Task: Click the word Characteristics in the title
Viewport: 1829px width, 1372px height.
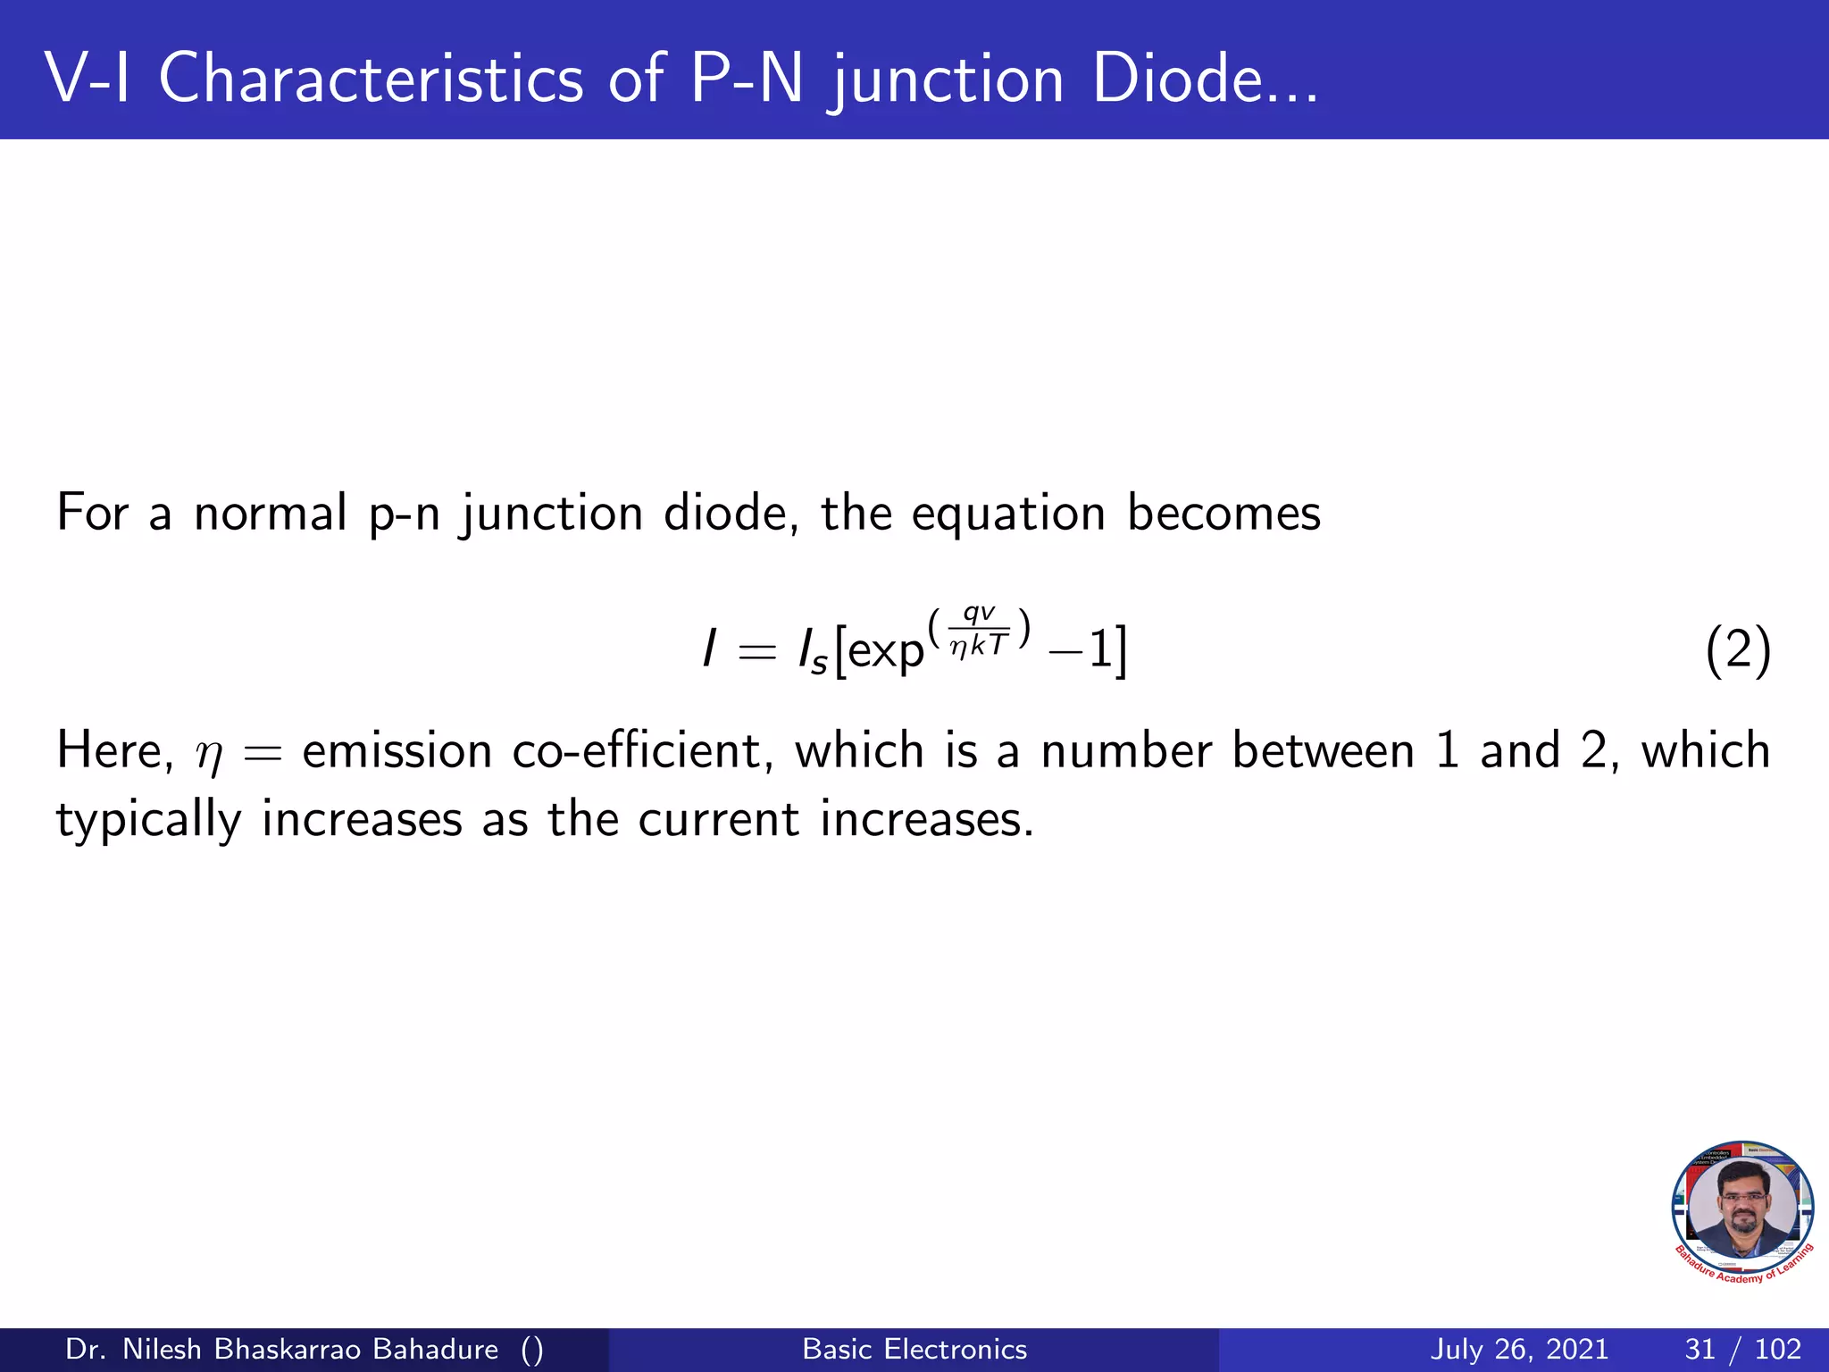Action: click(371, 79)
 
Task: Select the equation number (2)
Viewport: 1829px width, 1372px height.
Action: click(1737, 652)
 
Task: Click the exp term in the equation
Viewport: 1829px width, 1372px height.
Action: click(884, 652)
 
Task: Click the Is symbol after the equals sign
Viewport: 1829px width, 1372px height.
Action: click(813, 652)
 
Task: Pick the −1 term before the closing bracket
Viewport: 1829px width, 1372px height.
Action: click(1081, 650)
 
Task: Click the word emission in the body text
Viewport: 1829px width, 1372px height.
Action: click(397, 750)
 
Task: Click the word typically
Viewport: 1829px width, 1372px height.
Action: click(148, 820)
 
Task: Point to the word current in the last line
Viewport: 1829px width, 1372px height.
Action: click(718, 820)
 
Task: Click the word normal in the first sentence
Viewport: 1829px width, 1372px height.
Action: click(270, 514)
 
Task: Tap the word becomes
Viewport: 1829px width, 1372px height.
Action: click(1224, 514)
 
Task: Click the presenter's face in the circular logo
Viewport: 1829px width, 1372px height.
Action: click(1741, 1206)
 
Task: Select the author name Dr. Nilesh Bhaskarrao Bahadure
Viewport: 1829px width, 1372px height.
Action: click(282, 1349)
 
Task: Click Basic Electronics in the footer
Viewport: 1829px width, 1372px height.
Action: click(914, 1349)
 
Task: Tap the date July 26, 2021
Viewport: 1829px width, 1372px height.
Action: click(1519, 1349)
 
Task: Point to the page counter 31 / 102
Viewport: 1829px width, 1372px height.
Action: click(1742, 1349)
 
